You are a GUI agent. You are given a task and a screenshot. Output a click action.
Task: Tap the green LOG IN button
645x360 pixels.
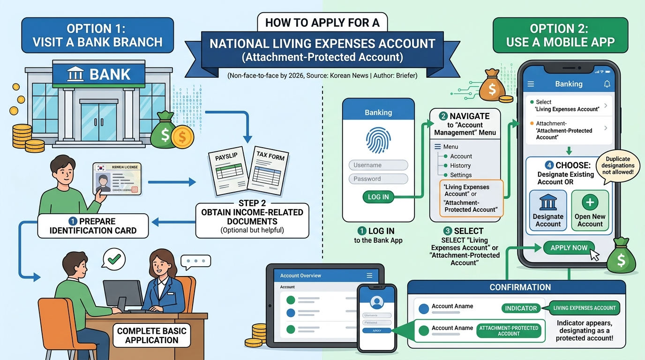378,197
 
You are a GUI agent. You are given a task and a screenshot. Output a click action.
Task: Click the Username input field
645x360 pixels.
378,165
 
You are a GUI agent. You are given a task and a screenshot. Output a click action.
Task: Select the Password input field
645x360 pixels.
378,179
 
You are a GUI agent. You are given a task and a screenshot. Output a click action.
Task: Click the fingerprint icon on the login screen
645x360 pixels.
378,139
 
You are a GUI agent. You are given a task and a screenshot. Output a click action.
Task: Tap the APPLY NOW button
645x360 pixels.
569,247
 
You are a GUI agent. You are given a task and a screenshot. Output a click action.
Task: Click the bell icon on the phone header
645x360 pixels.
607,84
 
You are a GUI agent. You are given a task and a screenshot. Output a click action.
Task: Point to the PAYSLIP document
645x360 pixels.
229,171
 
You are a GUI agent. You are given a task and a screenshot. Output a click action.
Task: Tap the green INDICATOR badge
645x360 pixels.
520,308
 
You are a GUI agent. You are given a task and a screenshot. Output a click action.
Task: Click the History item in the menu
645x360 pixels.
460,165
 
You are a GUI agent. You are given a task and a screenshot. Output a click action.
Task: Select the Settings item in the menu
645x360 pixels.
460,175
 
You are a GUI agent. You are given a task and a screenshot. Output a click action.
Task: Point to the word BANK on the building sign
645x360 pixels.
110,74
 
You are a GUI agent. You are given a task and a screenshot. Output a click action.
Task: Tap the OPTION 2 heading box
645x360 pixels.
560,35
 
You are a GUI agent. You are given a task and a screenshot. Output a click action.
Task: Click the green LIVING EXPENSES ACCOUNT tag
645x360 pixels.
584,308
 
